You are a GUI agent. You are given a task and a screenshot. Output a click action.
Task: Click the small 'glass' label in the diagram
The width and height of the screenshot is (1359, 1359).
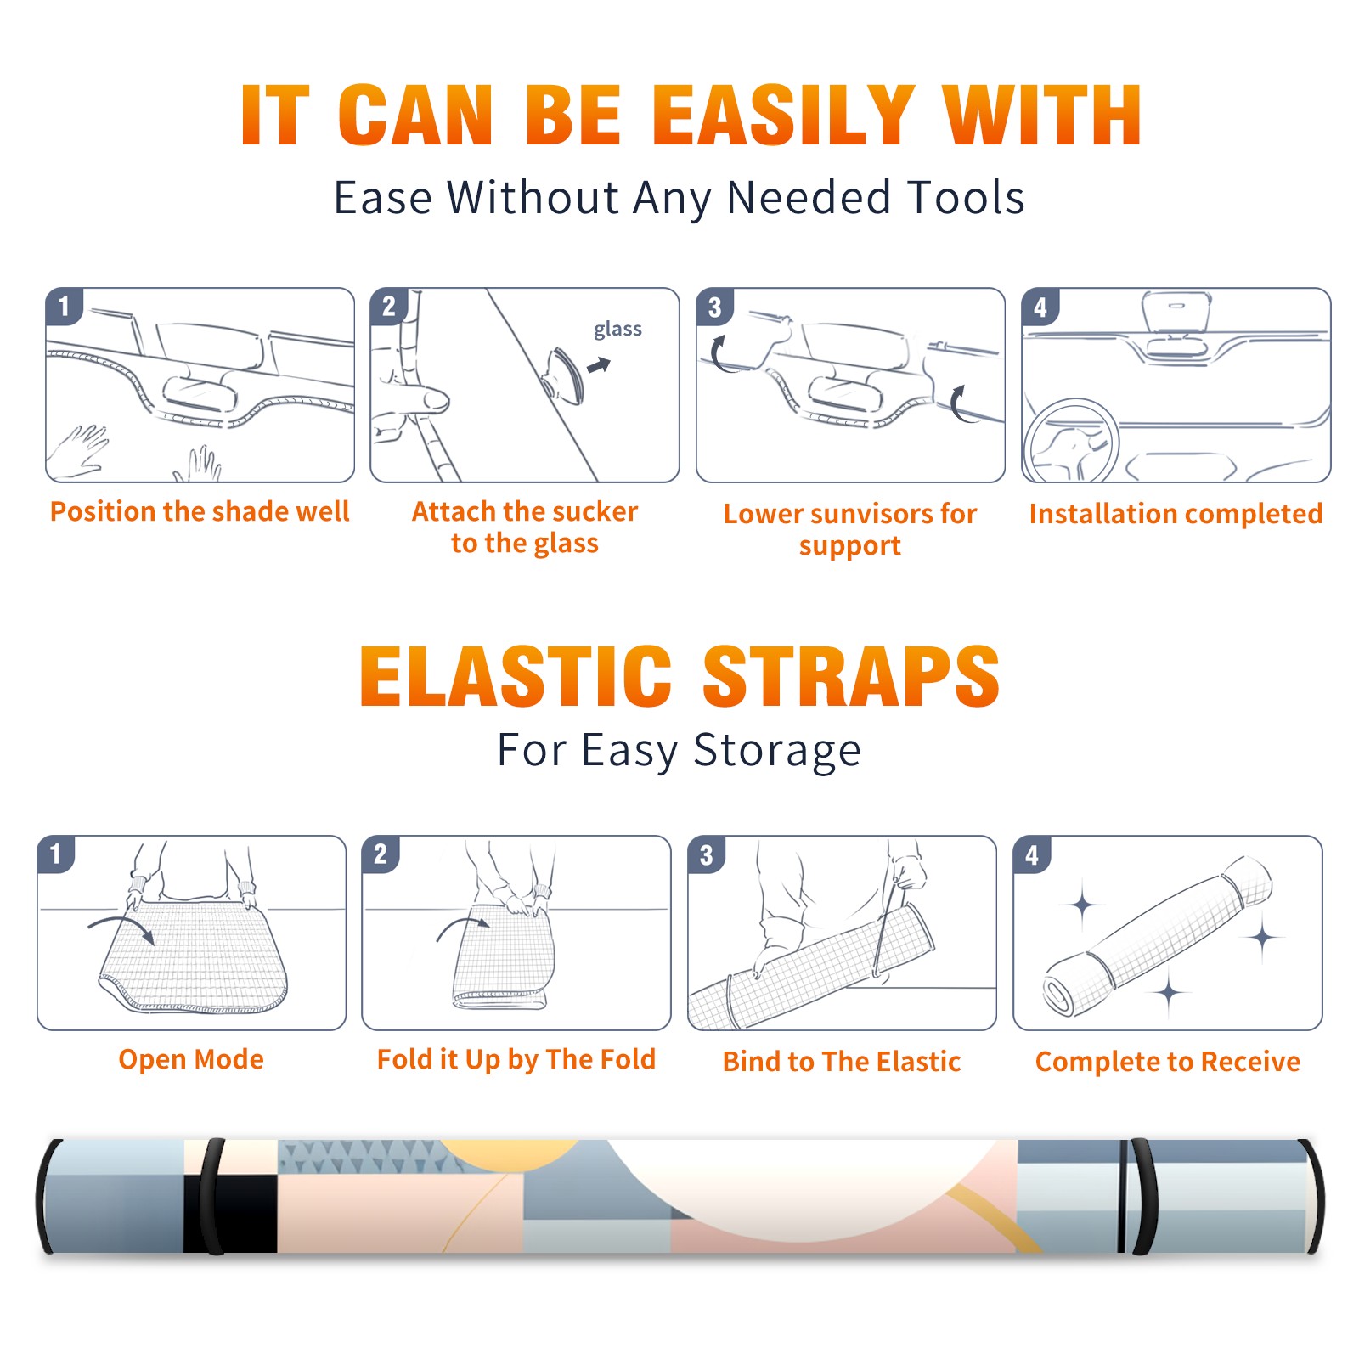tap(617, 329)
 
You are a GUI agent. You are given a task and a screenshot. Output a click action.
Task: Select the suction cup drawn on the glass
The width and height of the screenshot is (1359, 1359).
tap(562, 375)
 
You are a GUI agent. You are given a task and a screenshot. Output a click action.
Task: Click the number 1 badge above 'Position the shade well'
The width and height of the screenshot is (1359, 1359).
tap(64, 305)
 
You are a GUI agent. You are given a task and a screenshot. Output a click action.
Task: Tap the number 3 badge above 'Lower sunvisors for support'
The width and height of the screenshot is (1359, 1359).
tap(714, 307)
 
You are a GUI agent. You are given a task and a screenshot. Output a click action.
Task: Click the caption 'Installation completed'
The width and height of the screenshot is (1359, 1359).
tap(1176, 513)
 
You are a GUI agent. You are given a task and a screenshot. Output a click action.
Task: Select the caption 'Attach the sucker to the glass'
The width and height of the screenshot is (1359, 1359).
tap(525, 527)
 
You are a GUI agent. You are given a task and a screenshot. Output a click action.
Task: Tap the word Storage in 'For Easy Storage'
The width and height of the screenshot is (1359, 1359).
tap(777, 751)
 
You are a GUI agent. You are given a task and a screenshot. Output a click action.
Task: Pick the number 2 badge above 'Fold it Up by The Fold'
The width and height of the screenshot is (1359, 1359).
tap(381, 854)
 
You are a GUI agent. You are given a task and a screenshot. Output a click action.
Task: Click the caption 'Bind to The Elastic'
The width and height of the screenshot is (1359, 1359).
tap(841, 1061)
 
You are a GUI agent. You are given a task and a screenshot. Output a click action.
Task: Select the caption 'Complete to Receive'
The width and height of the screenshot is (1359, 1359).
tap(1167, 1061)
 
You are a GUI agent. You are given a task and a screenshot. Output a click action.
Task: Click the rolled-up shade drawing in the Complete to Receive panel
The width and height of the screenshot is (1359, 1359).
tap(1158, 936)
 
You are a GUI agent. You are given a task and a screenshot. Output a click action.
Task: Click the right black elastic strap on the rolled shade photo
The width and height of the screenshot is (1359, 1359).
tap(1140, 1196)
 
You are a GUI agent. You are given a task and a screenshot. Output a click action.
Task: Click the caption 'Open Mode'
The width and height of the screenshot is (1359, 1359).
tap(191, 1059)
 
